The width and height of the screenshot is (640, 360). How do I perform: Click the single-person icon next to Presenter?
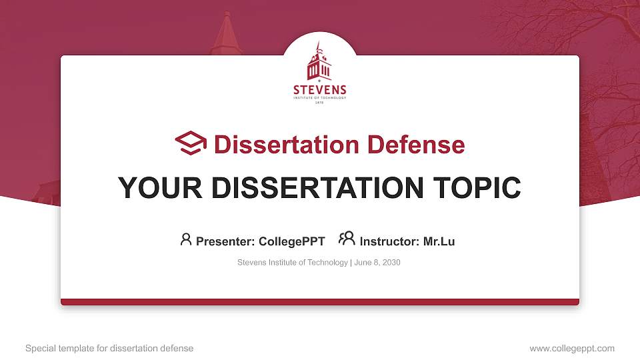(186, 239)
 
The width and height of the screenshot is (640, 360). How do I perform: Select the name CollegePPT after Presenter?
(291, 241)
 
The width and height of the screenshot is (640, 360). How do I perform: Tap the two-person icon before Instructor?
(347, 239)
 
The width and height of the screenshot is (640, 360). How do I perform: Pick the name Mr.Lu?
(439, 241)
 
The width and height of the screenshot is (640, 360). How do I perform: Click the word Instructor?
(389, 241)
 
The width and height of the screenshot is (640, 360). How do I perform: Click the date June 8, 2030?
(377, 263)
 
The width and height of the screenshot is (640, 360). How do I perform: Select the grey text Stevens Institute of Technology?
(292, 263)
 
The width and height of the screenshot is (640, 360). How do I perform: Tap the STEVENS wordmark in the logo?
(320, 90)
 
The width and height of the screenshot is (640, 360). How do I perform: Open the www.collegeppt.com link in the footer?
(572, 348)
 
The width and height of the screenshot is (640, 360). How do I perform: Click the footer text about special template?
(109, 348)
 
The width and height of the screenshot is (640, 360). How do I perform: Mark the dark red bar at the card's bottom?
(320, 302)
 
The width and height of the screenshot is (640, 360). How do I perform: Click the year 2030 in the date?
(391, 263)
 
